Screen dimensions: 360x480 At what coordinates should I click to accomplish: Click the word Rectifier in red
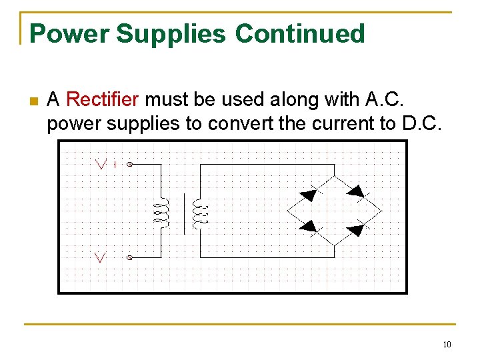[x=103, y=100]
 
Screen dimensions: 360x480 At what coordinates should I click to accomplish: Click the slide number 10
[x=447, y=345]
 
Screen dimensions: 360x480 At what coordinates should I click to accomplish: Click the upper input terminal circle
[x=129, y=163]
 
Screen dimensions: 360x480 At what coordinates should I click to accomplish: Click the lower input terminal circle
[x=129, y=257]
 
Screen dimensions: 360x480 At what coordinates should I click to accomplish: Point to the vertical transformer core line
[x=184, y=213]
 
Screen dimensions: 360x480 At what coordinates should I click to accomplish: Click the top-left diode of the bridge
[x=308, y=195]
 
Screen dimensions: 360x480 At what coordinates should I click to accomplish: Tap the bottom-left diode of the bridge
[x=308, y=227]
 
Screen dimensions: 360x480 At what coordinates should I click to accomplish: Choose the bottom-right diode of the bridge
[x=355, y=231]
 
